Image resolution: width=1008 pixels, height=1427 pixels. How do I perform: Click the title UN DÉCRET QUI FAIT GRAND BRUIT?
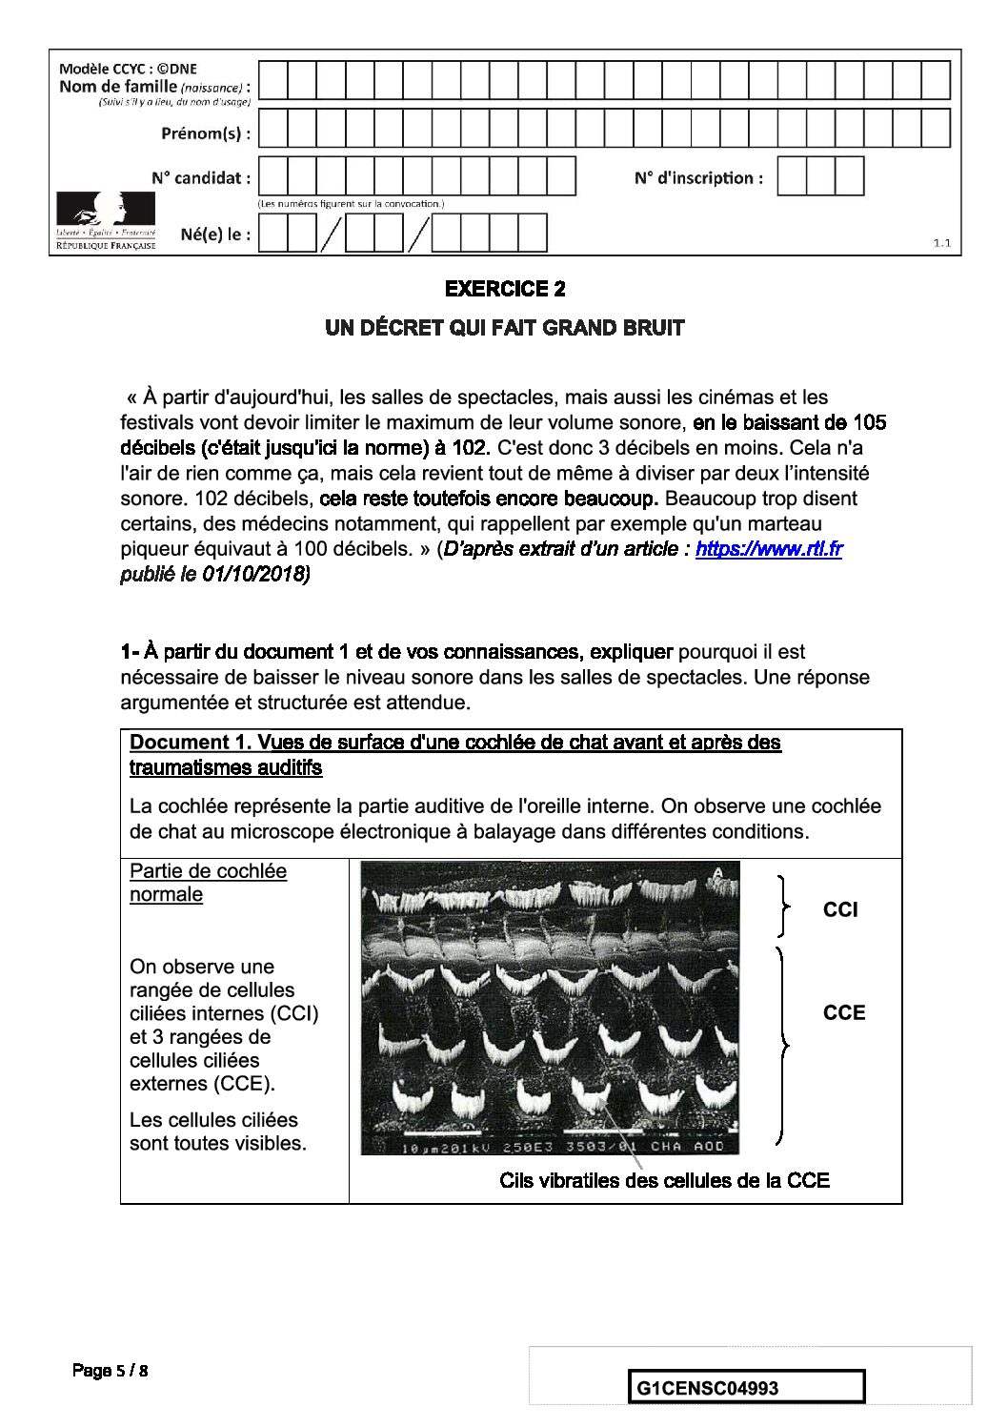[x=504, y=328]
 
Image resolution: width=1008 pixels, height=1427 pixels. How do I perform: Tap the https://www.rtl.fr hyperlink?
[x=768, y=549]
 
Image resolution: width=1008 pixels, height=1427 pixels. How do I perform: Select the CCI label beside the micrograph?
[x=839, y=910]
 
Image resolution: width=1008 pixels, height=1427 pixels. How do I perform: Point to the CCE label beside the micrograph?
[x=843, y=1012]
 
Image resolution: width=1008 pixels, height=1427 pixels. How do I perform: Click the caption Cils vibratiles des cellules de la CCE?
[x=664, y=1181]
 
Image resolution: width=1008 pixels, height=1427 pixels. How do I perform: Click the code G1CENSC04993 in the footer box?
[x=707, y=1388]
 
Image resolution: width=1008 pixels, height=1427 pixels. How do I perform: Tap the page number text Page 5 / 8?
[x=111, y=1371]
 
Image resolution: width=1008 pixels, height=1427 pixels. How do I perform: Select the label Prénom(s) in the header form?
[x=206, y=133]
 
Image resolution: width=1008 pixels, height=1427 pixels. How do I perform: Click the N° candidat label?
[x=201, y=178]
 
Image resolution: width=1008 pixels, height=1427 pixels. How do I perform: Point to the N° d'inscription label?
[x=698, y=178]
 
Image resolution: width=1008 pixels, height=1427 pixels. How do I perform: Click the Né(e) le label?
[x=215, y=234]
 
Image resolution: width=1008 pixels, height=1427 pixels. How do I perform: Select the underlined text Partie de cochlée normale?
[x=207, y=883]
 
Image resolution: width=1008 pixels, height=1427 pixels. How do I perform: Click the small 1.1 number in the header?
[x=941, y=243]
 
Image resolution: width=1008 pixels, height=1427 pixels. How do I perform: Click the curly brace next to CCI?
[x=783, y=906]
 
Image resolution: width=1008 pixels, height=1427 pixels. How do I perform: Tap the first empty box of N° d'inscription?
[x=792, y=176]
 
